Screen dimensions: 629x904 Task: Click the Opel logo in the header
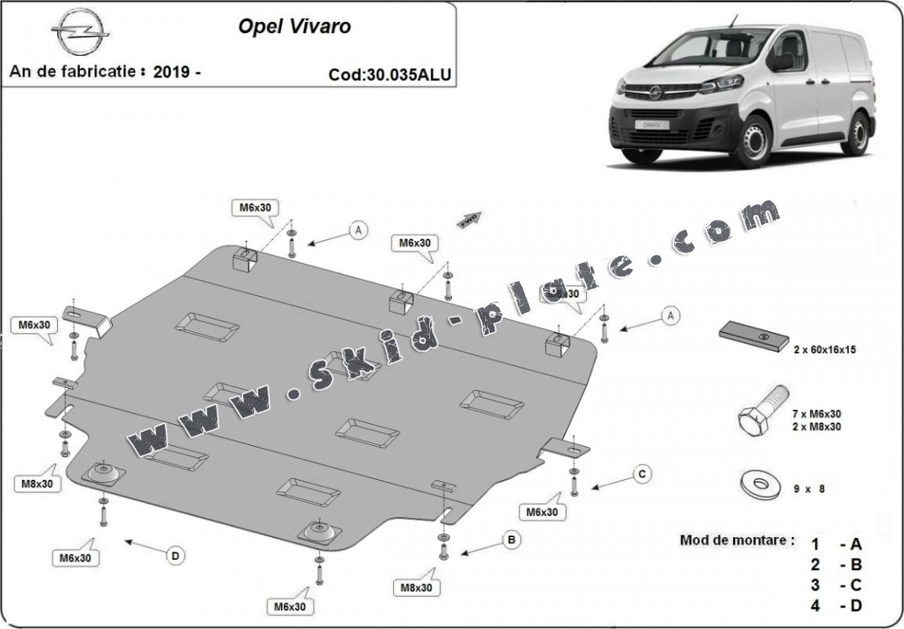coord(80,33)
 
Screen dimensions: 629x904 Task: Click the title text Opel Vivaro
coord(294,26)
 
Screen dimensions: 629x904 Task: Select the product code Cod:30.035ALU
coord(390,75)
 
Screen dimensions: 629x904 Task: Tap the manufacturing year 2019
coord(172,71)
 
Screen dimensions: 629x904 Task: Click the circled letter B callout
coord(511,540)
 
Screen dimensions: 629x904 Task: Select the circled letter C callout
coord(641,474)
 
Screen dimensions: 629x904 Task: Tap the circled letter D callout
coord(175,556)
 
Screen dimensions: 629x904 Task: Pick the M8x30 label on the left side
coord(36,484)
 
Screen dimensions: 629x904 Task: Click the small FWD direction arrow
coord(469,218)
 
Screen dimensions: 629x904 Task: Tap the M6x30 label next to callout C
coord(541,511)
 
